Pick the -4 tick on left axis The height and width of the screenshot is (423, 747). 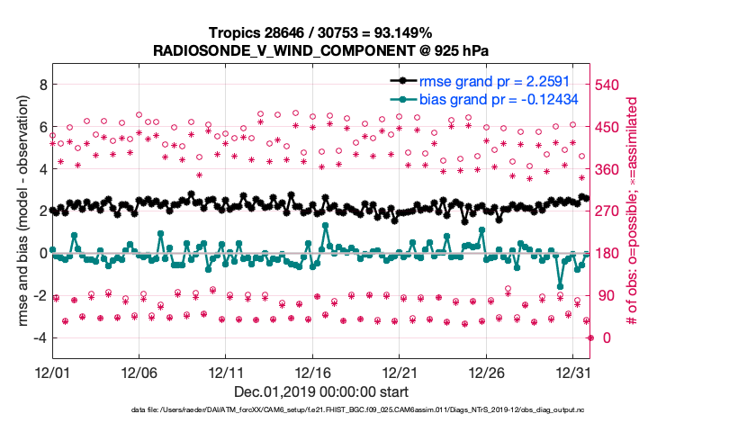coord(37,337)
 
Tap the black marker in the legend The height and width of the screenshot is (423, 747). coord(400,82)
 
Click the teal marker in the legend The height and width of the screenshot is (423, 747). coord(400,100)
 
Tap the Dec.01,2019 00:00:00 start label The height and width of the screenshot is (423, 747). coord(321,391)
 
